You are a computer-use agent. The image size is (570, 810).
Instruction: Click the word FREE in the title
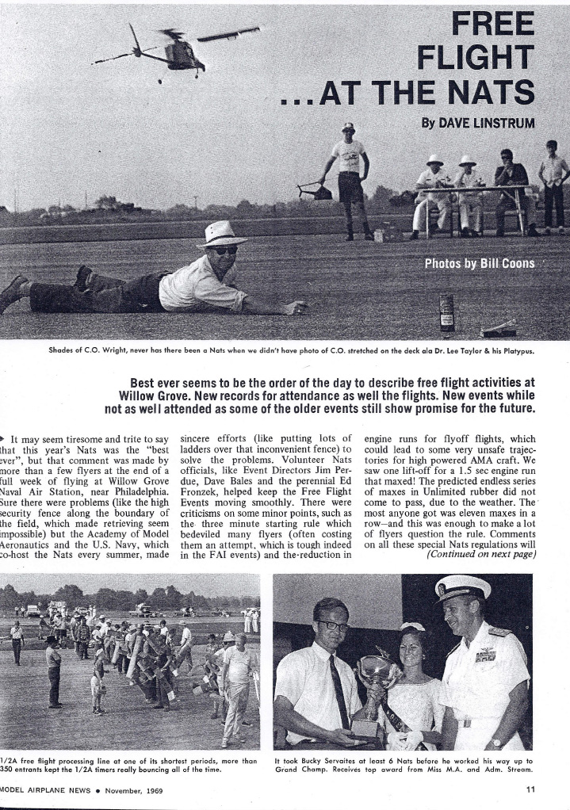click(x=493, y=23)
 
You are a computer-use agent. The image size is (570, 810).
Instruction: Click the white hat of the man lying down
click(x=221, y=234)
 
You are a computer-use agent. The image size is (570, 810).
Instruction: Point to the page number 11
click(x=530, y=788)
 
